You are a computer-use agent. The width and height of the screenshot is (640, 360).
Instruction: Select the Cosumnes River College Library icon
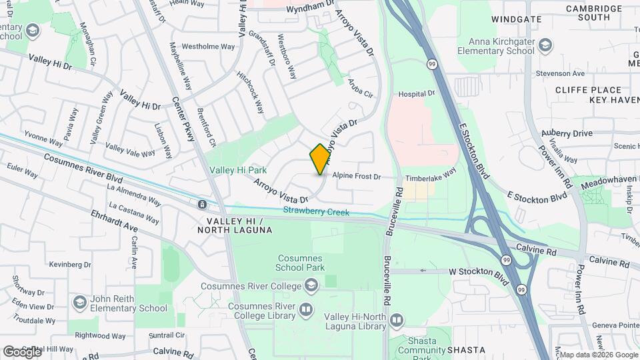(305, 309)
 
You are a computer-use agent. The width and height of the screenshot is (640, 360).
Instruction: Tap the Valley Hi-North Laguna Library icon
(396, 321)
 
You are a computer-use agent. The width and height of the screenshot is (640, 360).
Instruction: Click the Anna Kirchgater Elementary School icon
(545, 45)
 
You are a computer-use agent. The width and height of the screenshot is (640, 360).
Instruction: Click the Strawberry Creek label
(316, 212)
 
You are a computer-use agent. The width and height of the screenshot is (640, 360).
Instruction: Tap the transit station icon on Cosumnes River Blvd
(202, 203)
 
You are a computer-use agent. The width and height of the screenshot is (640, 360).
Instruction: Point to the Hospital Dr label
(416, 95)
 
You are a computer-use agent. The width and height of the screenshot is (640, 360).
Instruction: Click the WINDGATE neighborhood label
(517, 19)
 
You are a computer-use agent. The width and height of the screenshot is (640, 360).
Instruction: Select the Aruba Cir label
(360, 89)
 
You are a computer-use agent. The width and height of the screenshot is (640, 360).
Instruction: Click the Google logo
(21, 351)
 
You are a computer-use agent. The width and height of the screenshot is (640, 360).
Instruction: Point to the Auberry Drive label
(567, 133)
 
